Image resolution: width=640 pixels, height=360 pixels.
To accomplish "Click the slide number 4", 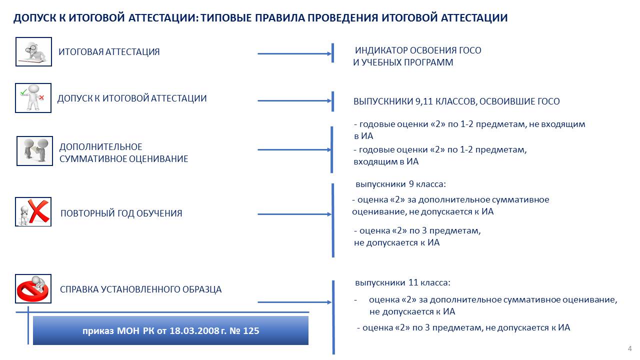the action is pyautogui.click(x=629, y=348).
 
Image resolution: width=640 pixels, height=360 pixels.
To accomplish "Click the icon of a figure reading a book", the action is pyautogui.click(x=33, y=51).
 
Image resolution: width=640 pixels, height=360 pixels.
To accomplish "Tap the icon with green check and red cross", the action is pyautogui.click(x=33, y=98).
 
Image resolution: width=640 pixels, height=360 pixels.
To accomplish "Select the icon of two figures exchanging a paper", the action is pyautogui.click(x=34, y=151).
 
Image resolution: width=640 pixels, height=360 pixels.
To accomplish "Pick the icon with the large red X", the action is pyautogui.click(x=33, y=211).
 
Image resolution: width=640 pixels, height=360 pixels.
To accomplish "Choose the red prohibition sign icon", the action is pyautogui.click(x=33, y=288).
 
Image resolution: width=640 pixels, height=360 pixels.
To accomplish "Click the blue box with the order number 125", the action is pyautogui.click(x=170, y=330).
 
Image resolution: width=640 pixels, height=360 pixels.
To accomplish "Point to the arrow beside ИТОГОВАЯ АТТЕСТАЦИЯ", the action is pyautogui.click(x=294, y=53).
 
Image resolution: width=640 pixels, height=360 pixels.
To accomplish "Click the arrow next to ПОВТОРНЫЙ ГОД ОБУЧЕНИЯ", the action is pyautogui.click(x=294, y=214).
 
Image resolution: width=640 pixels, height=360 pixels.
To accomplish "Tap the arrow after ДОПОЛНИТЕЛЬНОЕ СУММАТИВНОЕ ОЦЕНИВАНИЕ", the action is pyautogui.click(x=294, y=149).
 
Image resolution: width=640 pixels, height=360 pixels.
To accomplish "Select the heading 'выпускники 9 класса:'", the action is pyautogui.click(x=400, y=184).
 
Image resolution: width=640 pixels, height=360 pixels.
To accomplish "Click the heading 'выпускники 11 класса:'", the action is pyautogui.click(x=402, y=282).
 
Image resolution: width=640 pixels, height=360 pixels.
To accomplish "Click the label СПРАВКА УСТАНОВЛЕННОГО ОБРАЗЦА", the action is pyautogui.click(x=140, y=289).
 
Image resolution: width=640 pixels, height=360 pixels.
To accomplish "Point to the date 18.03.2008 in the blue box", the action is pyautogui.click(x=194, y=330).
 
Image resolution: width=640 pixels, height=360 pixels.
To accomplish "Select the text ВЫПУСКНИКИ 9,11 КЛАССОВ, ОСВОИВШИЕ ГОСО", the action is pyautogui.click(x=456, y=101).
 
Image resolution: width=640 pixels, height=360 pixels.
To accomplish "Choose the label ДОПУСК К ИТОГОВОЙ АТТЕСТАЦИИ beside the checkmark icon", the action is pyautogui.click(x=132, y=98).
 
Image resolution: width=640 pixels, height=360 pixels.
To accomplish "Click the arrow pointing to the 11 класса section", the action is pyautogui.click(x=294, y=302).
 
